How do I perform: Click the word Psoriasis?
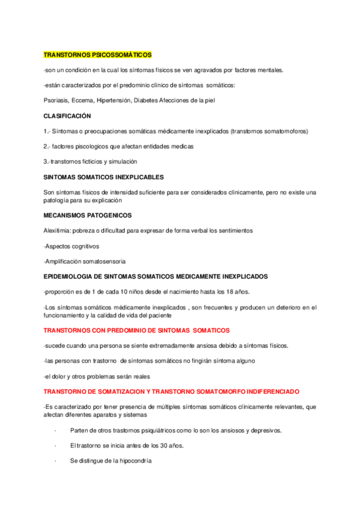coord(57,100)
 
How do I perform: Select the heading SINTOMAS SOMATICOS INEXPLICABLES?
coord(104,177)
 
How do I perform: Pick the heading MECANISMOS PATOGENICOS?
coord(88,215)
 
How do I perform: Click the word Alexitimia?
coord(58,230)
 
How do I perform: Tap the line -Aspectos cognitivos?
coord(72,246)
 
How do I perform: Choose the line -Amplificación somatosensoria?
coord(85,261)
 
